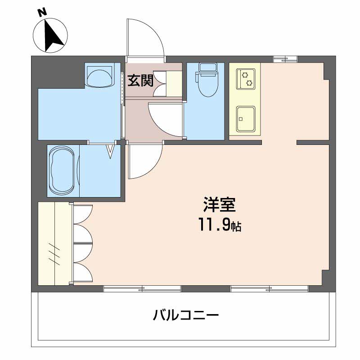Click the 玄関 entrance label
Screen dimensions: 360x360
coord(140,81)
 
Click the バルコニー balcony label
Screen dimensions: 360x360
coord(186,315)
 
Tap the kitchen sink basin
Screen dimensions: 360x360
coord(246,119)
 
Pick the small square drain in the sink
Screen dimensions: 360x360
coord(241,119)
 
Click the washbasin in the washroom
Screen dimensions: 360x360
coord(99,75)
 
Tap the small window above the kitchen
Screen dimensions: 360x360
coord(285,59)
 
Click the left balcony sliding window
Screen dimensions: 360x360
coord(142,288)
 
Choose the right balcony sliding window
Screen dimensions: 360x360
coord(270,288)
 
